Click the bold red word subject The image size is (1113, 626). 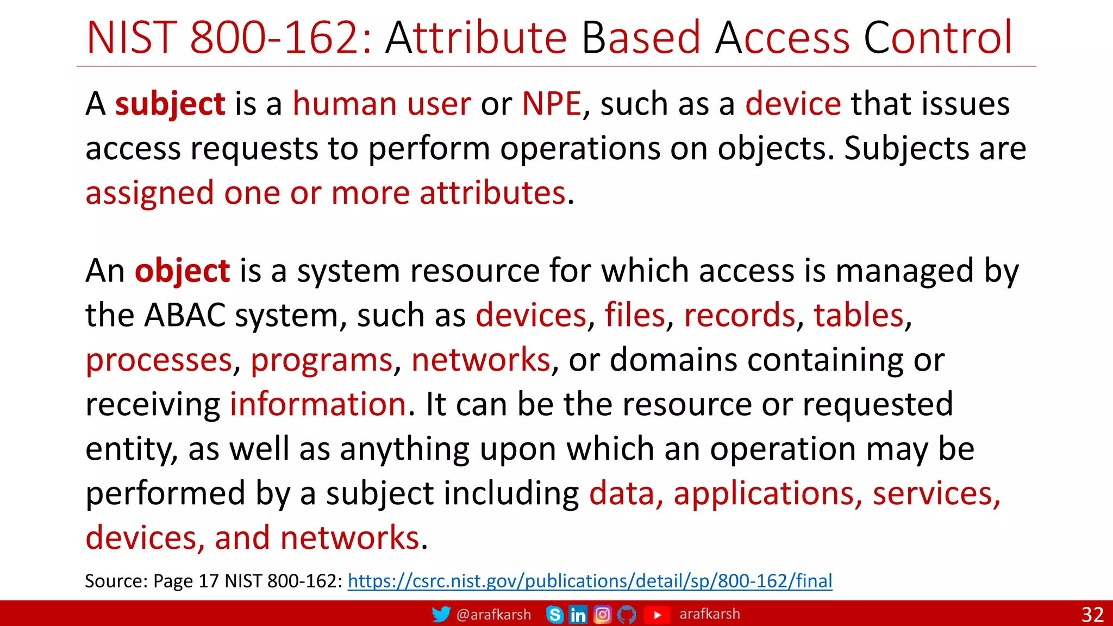pos(170,104)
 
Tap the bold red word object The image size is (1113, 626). pos(182,271)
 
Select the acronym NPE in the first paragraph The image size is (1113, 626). pos(551,104)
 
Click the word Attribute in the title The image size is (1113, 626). pos(476,37)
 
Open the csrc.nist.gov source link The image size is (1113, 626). pos(590,581)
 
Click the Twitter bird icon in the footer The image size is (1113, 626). pos(441,614)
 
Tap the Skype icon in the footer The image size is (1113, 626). pos(554,615)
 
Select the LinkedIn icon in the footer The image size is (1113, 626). pos(578,615)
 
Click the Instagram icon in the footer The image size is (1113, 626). pos(602,615)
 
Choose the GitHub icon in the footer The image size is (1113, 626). pos(627,615)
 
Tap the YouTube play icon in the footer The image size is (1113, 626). pos(656,615)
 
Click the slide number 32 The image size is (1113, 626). pos(1092,615)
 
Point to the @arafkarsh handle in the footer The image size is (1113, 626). pos(493,615)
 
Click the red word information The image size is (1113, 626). pos(318,404)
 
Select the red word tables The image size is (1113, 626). pos(858,315)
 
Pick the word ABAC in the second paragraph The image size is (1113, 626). pos(185,315)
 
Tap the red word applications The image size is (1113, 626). pos(767,493)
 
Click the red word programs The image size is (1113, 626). pos(321,360)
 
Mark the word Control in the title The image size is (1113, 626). pos(938,37)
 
